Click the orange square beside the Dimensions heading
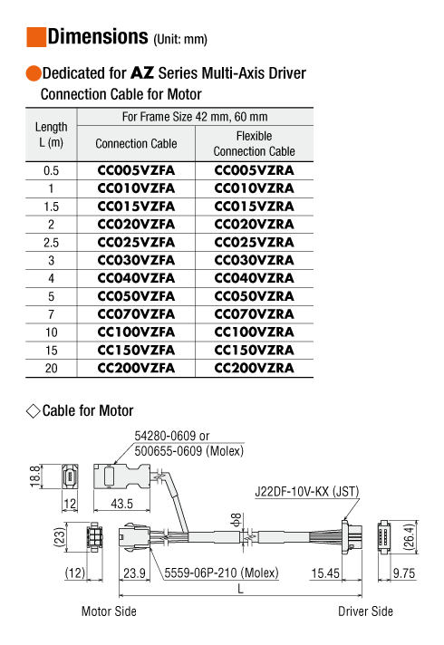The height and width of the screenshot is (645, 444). pyautogui.click(x=36, y=37)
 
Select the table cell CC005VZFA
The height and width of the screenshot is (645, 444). pyautogui.click(x=136, y=170)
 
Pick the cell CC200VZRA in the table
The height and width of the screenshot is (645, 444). pyautogui.click(x=255, y=368)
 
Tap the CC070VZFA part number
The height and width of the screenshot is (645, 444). pyautogui.click(x=136, y=314)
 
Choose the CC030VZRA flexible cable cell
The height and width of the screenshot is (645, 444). pyautogui.click(x=255, y=260)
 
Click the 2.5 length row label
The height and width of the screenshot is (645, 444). pyautogui.click(x=51, y=243)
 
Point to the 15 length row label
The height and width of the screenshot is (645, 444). pyautogui.click(x=51, y=351)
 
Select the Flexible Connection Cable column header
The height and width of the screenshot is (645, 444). pyautogui.click(x=255, y=143)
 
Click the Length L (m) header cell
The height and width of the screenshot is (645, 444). pyautogui.click(x=51, y=135)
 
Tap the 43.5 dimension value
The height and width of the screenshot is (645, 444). pyautogui.click(x=121, y=504)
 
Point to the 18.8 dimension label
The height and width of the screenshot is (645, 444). pyautogui.click(x=35, y=477)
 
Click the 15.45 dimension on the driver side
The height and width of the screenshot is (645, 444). pyautogui.click(x=325, y=573)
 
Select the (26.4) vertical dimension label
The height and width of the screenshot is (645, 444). pyautogui.click(x=409, y=536)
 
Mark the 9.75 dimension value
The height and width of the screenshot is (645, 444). pyautogui.click(x=404, y=573)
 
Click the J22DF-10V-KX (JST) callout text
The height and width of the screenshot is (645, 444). pyautogui.click(x=307, y=492)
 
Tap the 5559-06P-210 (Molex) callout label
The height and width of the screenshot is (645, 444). pyautogui.click(x=221, y=573)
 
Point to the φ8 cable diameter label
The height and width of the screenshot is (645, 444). pyautogui.click(x=236, y=520)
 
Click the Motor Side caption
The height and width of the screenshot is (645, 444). pyautogui.click(x=109, y=611)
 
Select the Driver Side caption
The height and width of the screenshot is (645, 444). pyautogui.click(x=365, y=611)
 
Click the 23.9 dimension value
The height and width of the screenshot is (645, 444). pyautogui.click(x=134, y=573)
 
